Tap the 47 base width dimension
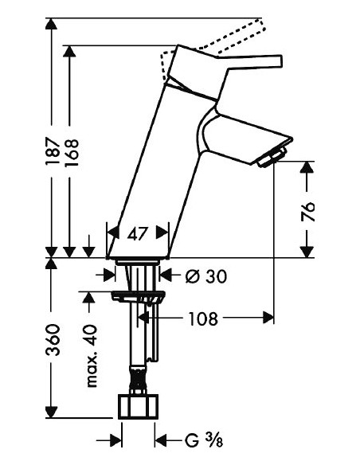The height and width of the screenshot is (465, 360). (x=139, y=233)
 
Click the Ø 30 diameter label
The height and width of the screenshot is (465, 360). (x=205, y=276)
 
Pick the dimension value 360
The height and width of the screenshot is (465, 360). (x=51, y=340)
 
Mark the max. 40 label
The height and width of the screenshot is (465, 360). (x=92, y=356)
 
